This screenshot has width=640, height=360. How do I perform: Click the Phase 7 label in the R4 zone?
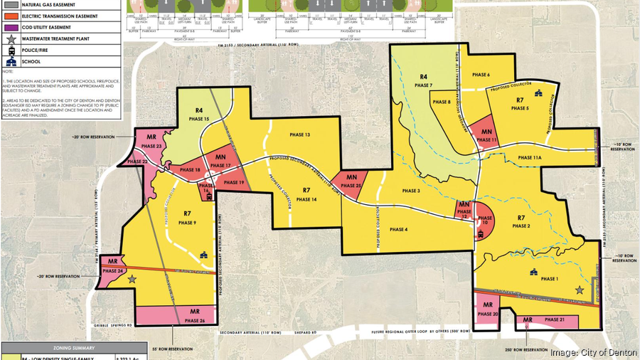pos(426,85)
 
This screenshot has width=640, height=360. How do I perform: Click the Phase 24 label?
pos(114,271)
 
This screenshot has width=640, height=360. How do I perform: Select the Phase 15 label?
pos(201,119)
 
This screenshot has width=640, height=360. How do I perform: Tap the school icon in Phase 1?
pos(533,272)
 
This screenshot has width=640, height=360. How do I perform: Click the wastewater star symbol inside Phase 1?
pos(580,290)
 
